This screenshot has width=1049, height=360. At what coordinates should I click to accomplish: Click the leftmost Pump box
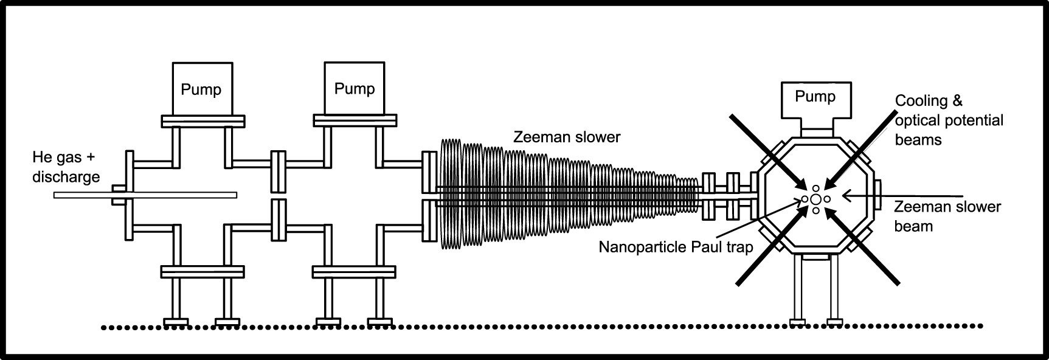click(x=202, y=88)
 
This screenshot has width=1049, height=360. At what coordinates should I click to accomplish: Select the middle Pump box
click(x=354, y=88)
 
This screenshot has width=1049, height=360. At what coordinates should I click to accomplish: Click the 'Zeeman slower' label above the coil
click(x=567, y=137)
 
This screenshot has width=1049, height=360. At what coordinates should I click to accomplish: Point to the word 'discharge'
click(x=66, y=177)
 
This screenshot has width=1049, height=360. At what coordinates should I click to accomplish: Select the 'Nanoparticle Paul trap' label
click(x=676, y=247)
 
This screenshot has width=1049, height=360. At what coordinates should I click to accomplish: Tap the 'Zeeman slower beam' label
click(x=947, y=216)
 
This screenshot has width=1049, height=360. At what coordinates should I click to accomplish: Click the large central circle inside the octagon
click(x=815, y=199)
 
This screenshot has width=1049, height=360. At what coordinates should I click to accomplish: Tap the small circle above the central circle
click(x=815, y=189)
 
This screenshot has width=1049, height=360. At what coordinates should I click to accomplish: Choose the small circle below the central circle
click(x=815, y=210)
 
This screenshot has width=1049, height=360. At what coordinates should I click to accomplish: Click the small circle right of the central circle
click(x=827, y=199)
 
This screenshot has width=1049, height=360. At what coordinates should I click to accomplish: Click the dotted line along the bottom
click(x=541, y=327)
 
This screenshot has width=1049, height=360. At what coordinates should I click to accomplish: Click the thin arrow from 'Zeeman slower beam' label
click(x=900, y=195)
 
